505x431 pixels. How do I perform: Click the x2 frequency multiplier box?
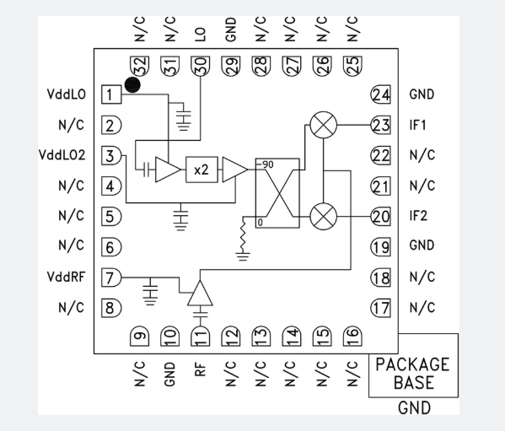[201, 170]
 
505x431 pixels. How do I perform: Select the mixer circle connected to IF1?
[324, 125]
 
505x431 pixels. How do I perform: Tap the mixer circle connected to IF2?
[324, 216]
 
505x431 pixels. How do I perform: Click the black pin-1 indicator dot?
[132, 84]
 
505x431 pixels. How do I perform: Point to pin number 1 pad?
[111, 94]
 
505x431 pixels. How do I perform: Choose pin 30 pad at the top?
[201, 66]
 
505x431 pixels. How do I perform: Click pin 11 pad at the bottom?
[201, 337]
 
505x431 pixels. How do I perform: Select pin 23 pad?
[381, 125]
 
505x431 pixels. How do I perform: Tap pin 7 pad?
[111, 277]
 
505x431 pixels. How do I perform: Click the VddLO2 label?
[62, 155]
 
